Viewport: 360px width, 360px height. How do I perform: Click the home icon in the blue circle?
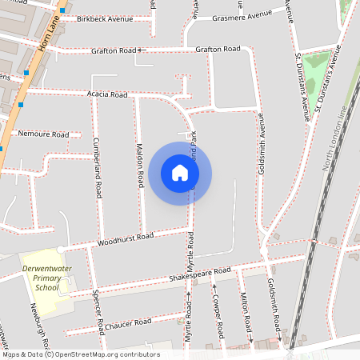180,173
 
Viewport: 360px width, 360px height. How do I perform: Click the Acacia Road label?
107,94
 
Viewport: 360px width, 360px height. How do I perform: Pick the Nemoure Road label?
43,134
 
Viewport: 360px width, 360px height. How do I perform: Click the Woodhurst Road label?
125,238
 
